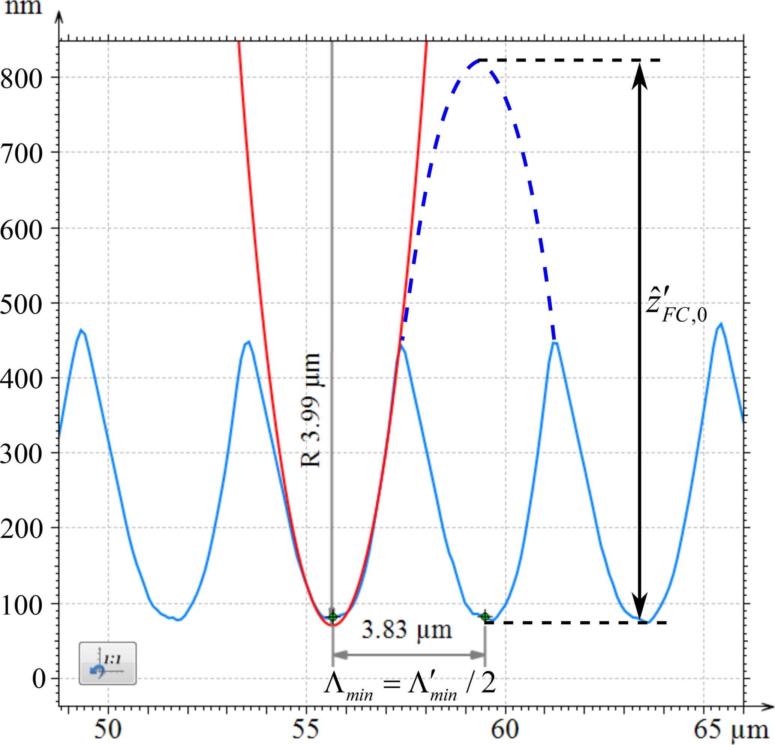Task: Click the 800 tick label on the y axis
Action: coord(22,79)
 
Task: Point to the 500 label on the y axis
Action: coord(22,304)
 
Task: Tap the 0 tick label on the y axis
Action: coord(39,679)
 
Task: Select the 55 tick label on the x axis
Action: coord(306,729)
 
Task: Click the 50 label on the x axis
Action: coord(108,729)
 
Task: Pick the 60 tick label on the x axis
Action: coord(505,729)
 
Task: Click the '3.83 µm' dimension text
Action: coord(406,630)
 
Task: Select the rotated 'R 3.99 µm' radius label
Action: coord(311,410)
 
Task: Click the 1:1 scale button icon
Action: coord(108,663)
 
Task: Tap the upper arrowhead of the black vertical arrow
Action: coord(639,75)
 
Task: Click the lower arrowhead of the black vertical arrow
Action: coord(639,607)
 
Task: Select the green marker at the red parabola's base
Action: coord(333,617)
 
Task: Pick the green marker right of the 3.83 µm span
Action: coord(485,616)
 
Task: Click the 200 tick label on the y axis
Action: coord(22,529)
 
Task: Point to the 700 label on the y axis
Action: coord(22,154)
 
